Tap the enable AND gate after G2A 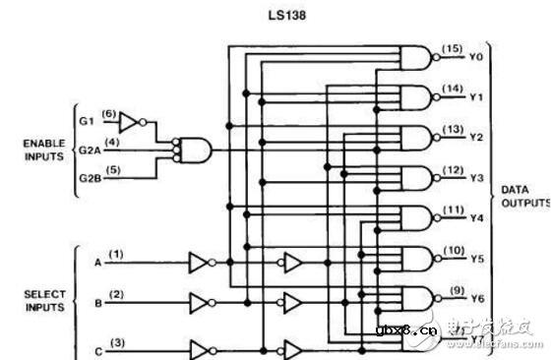pyautogui.click(x=192, y=150)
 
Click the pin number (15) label pyautogui.click(x=452, y=48)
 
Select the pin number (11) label pyautogui.click(x=452, y=210)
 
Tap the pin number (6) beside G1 pyautogui.click(x=109, y=112)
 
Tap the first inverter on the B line pyautogui.click(x=201, y=302)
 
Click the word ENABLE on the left pyautogui.click(x=43, y=143)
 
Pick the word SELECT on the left pyautogui.click(x=43, y=294)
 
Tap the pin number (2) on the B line pyautogui.click(x=117, y=294)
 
